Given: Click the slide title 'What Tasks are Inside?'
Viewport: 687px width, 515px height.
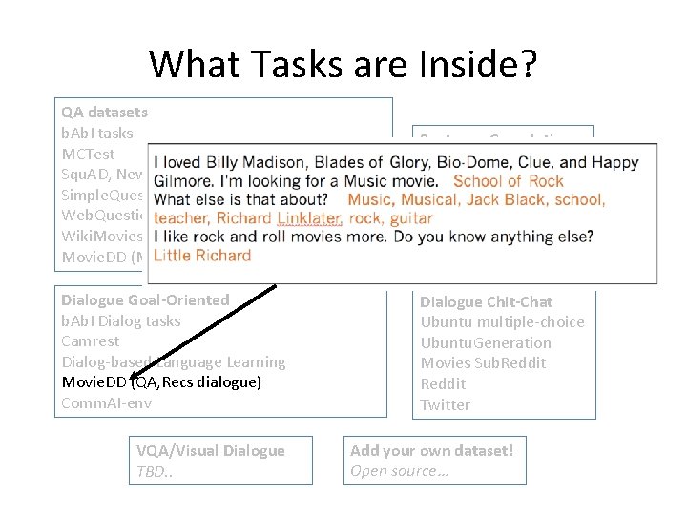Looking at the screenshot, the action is click(343, 64).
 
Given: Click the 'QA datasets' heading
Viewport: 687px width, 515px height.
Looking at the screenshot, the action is click(104, 112).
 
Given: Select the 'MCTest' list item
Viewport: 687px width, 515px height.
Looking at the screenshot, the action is click(88, 154).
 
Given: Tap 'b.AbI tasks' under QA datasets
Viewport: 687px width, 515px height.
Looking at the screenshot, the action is click(97, 133).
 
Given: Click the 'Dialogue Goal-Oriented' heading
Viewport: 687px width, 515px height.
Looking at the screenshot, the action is click(145, 299).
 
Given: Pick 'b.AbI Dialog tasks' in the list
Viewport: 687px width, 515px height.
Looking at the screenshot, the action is click(120, 320).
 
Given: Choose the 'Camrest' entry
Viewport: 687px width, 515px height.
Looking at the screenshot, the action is click(91, 341).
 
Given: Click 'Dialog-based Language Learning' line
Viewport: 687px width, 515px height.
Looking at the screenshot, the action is click(173, 361).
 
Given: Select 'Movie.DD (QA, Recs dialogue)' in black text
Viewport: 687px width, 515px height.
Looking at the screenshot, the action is click(161, 382).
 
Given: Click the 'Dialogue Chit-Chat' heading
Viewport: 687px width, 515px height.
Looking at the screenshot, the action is click(486, 301).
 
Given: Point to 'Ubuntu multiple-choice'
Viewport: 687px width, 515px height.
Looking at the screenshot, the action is click(502, 321).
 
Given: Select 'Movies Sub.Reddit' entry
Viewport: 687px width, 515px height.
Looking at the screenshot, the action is click(483, 362).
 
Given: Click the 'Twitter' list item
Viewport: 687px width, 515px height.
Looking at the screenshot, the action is click(445, 404).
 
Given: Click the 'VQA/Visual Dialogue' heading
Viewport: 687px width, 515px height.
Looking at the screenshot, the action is click(210, 450).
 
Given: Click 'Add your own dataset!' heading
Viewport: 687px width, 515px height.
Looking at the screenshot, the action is click(431, 450).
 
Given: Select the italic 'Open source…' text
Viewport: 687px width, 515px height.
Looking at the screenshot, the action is click(400, 471).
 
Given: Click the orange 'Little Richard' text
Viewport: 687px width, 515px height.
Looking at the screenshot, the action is click(201, 256).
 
